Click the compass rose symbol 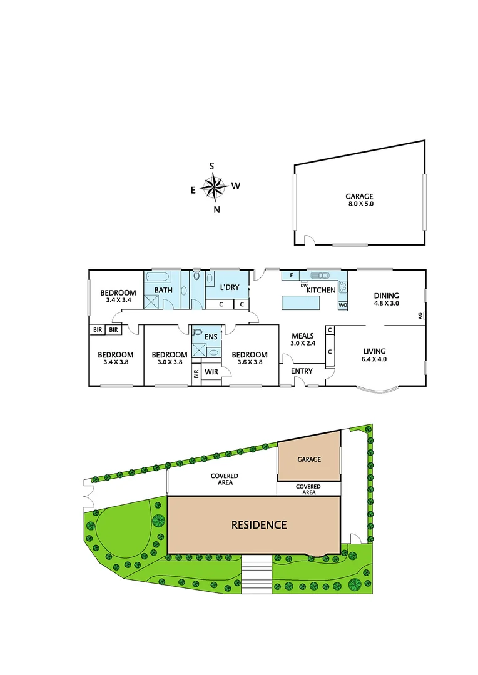point(215,186)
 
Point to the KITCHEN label point(321,290)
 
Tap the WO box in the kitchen point(342,305)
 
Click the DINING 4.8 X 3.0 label point(386,300)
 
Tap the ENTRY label point(302,371)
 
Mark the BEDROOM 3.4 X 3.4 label point(118,296)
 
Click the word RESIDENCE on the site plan point(259,525)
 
